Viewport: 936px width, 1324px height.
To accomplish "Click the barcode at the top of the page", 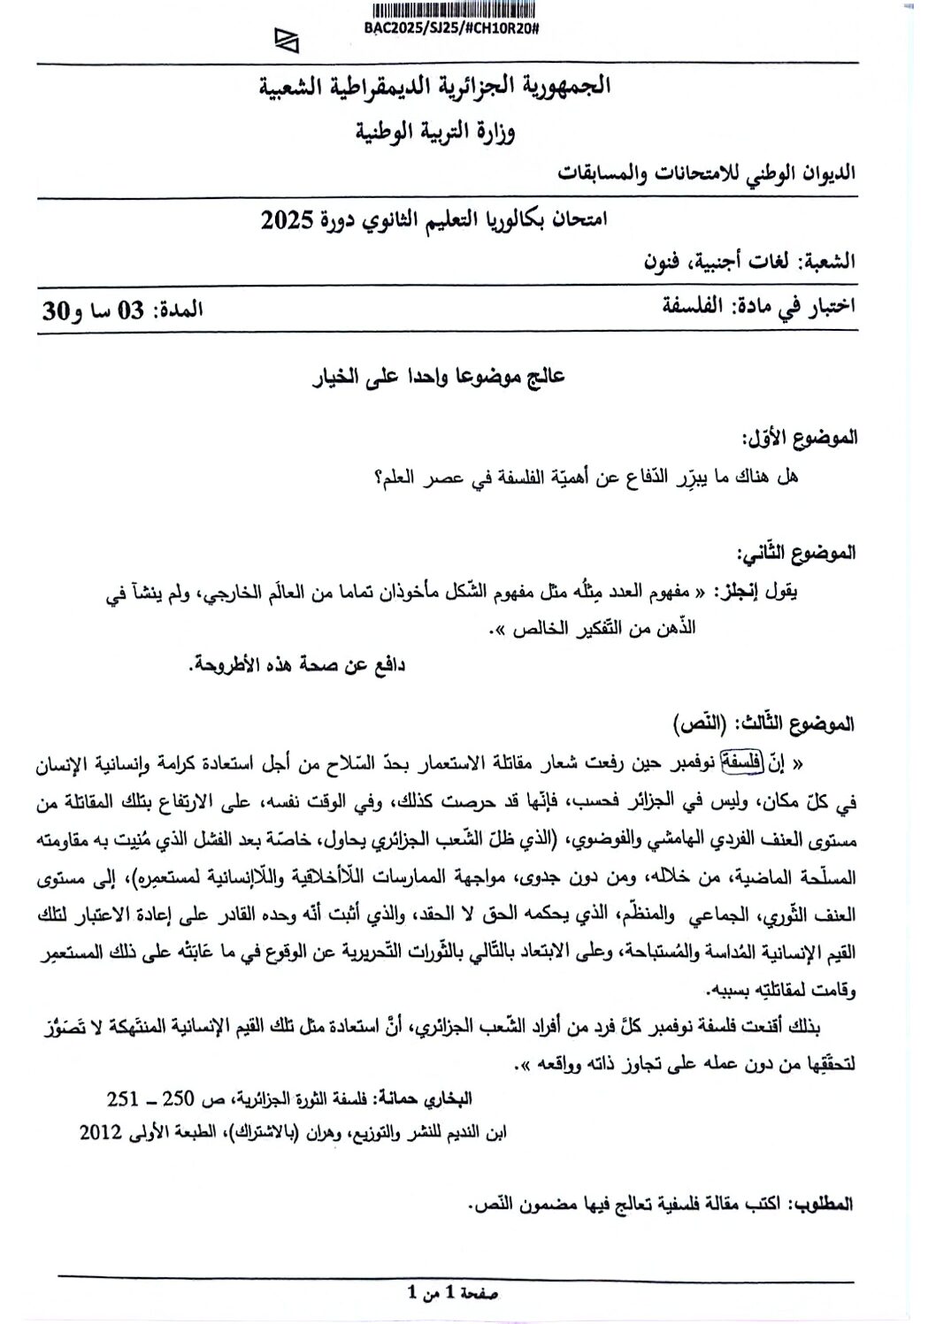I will pyautogui.click(x=456, y=11).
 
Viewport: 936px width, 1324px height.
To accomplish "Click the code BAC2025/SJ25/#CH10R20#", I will pyautogui.click(x=451, y=28).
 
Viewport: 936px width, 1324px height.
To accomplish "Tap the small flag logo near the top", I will pyautogui.click(x=286, y=41).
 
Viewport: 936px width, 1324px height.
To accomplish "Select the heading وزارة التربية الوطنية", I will pyautogui.click(x=435, y=133).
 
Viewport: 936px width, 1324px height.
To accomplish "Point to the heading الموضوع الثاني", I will pyautogui.click(x=798, y=553).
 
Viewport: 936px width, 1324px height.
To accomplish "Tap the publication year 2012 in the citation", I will pyautogui.click(x=99, y=1132).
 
